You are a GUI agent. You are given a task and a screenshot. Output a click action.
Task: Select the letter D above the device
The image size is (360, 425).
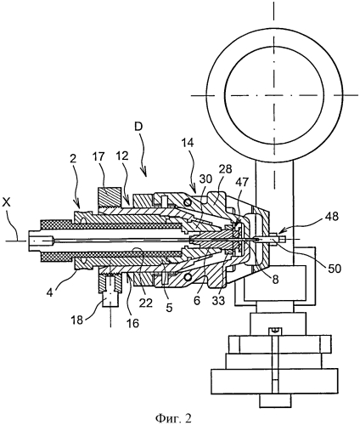click(x=138, y=127)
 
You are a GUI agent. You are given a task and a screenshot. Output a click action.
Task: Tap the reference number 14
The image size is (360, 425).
click(x=187, y=143)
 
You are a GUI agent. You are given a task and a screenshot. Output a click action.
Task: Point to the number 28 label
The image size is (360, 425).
click(x=225, y=169)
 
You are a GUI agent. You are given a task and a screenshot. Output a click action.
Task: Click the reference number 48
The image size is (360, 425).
click(x=333, y=218)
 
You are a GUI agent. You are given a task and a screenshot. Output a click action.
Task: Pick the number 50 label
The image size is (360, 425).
click(x=334, y=269)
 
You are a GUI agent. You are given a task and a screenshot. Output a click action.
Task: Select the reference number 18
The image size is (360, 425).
click(x=78, y=320)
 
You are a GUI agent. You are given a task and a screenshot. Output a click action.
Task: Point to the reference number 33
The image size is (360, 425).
click(x=218, y=301)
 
